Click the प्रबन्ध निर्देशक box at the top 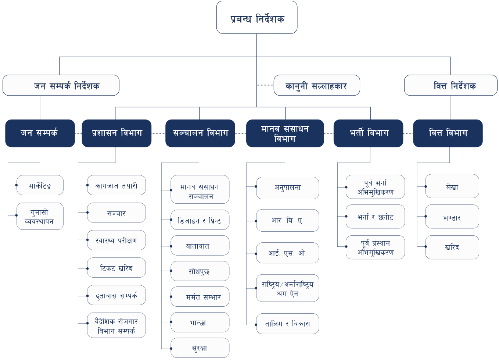click(256, 18)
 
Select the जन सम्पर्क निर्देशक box click(61, 85)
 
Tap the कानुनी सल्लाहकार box click(317, 85)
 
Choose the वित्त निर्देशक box click(450, 85)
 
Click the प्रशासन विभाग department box click(116, 133)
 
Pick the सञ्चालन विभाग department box click(200, 133)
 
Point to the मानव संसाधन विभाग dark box click(285, 133)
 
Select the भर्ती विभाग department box click(368, 133)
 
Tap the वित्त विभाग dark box click(448, 133)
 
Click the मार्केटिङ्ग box click(40, 185)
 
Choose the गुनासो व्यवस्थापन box click(40, 216)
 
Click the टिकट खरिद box click(116, 268)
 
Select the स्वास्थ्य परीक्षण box click(116, 240)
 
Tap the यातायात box click(200, 246)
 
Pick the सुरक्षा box click(200, 347)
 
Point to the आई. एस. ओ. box click(287, 253)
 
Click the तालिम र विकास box click(287, 324)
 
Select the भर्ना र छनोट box click(375, 217)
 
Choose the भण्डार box click(452, 217)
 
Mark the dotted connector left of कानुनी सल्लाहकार click(265, 85)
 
